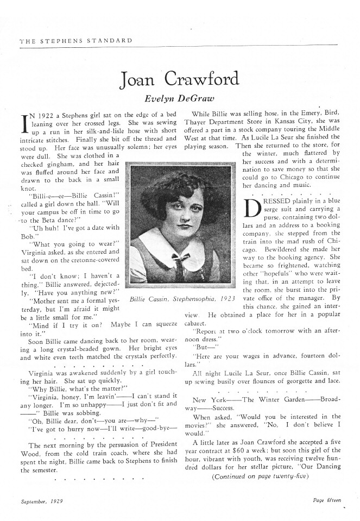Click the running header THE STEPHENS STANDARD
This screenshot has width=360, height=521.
(x=70, y=41)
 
